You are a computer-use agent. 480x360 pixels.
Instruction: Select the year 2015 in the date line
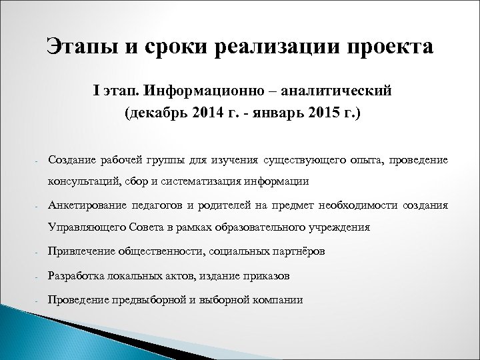(321, 113)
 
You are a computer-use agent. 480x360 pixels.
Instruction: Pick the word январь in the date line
(277, 113)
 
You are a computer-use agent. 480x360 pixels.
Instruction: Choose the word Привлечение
(80, 252)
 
